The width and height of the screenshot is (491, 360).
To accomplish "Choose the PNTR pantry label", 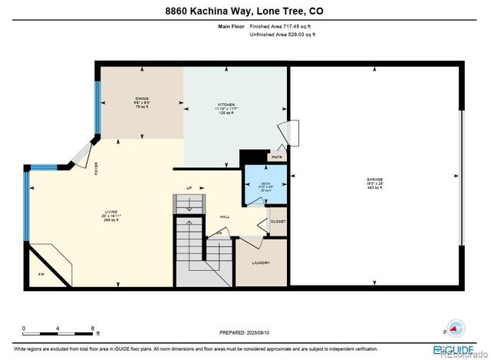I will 277,157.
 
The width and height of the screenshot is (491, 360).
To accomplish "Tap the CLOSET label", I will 278,221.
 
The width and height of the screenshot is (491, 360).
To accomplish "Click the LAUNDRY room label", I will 262,263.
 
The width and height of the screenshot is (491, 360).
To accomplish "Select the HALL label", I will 226,216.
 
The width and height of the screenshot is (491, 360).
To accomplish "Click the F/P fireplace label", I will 41,274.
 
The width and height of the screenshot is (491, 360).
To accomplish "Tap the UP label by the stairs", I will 189,188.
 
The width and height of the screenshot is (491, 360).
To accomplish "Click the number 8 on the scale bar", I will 93,329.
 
